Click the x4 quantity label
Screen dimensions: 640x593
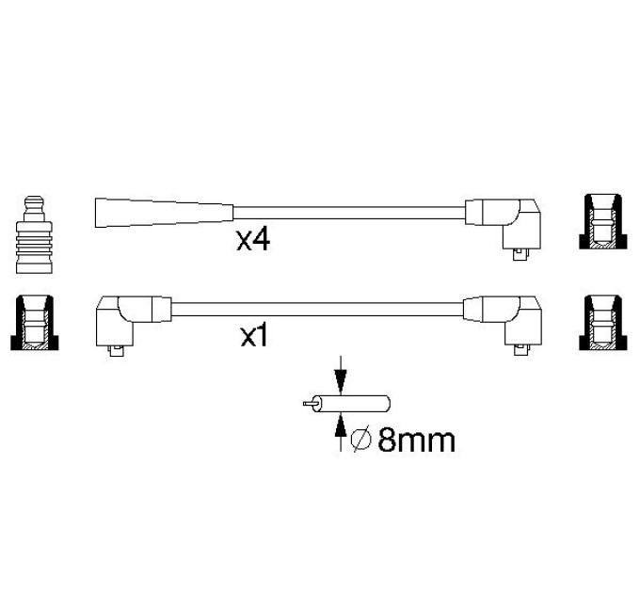(253, 240)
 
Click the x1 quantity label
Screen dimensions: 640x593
(253, 337)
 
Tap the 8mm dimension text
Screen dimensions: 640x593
(416, 441)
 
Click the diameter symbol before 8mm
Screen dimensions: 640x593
(360, 441)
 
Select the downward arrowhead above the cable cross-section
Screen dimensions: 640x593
(341, 382)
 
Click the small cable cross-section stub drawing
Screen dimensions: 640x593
(346, 404)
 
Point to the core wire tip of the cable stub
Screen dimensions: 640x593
(305, 404)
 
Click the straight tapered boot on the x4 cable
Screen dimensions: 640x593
(164, 213)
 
